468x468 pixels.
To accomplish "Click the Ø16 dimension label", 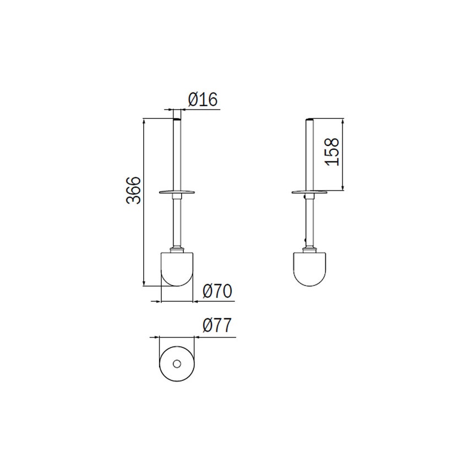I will [203, 100].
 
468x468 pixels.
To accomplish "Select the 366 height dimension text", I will [134, 191].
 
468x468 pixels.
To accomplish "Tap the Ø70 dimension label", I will [217, 291].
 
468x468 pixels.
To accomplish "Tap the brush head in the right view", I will [311, 269].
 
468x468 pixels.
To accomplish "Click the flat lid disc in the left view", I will [177, 192].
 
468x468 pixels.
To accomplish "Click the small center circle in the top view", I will [176, 364].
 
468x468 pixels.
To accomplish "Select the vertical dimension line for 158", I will [343, 154].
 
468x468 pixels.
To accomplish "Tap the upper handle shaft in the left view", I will [177, 154].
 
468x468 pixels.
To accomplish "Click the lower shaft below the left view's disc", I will [177, 220].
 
